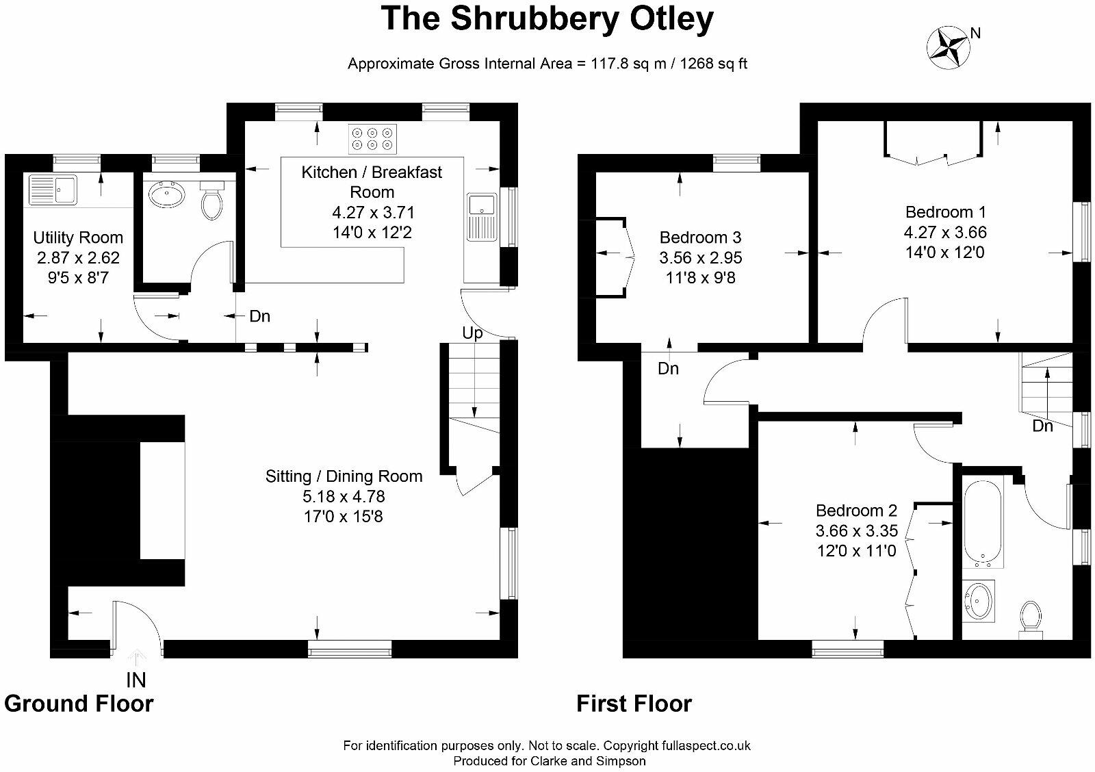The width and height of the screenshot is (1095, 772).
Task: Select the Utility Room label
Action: [x=78, y=237]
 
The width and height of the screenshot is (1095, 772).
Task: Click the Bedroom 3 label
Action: [x=700, y=237]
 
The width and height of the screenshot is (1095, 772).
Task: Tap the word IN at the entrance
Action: [x=136, y=680]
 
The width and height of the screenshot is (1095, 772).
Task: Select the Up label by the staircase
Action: [x=472, y=333]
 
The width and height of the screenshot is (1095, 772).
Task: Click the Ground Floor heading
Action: [x=79, y=704]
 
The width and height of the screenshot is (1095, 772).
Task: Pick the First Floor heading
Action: [x=634, y=704]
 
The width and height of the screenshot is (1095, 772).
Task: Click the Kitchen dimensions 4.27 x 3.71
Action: [x=372, y=213]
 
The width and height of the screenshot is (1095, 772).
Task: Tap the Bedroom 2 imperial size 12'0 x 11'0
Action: [x=856, y=550]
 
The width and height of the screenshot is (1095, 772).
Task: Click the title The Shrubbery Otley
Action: [x=547, y=18]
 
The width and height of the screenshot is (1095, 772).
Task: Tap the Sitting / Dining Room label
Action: [x=344, y=476]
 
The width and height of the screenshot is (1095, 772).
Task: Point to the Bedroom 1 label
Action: [x=945, y=212]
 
